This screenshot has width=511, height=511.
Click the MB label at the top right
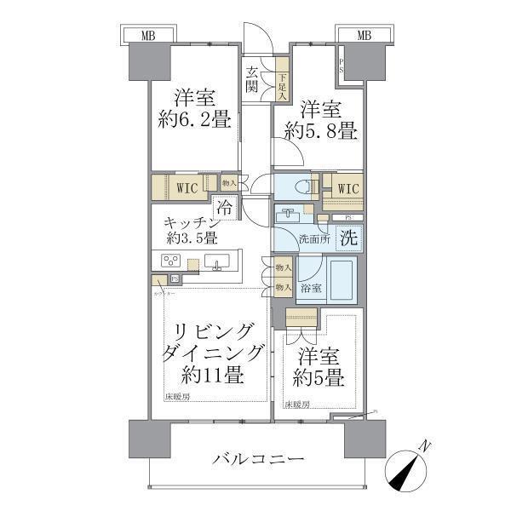point(364,35)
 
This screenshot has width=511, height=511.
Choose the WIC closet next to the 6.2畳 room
point(189,187)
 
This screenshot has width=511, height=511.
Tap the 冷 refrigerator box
point(224,207)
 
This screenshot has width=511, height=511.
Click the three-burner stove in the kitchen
point(169,262)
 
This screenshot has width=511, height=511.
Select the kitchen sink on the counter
point(220,262)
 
